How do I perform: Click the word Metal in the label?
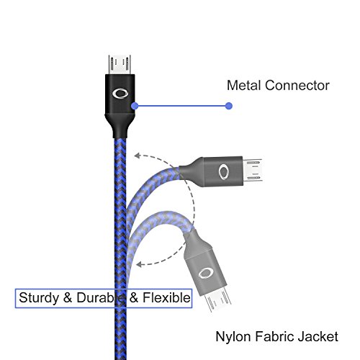point(243,86)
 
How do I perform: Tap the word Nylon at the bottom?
point(233,337)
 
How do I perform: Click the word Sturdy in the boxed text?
point(39,298)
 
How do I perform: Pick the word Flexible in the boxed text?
point(166,297)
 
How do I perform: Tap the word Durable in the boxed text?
point(101,297)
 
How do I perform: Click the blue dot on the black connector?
point(135,106)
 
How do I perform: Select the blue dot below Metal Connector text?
point(229,106)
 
